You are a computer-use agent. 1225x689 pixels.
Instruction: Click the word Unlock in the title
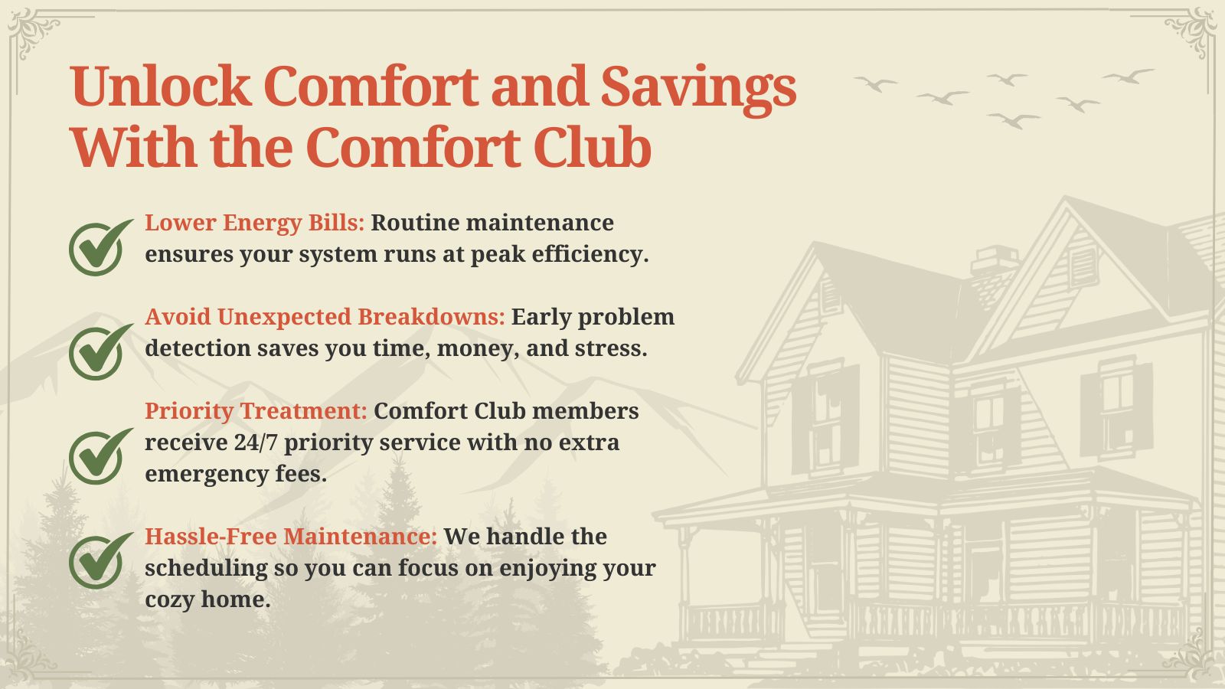pyautogui.click(x=160, y=87)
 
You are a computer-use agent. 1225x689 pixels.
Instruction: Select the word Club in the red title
pyautogui.click(x=593, y=146)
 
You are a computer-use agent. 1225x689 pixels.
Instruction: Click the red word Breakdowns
pyautogui.click(x=432, y=317)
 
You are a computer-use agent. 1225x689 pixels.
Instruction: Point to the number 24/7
pyautogui.click(x=256, y=442)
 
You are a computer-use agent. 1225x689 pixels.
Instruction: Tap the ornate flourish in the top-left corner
pyautogui.click(x=33, y=33)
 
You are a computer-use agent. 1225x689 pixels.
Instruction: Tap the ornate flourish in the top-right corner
pyautogui.click(x=1191, y=33)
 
